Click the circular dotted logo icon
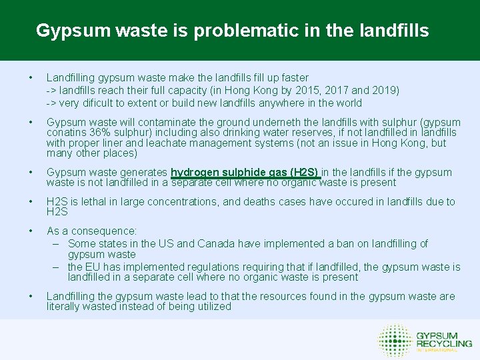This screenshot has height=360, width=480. [x=393, y=340]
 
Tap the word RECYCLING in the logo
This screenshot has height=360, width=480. [x=443, y=343]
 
